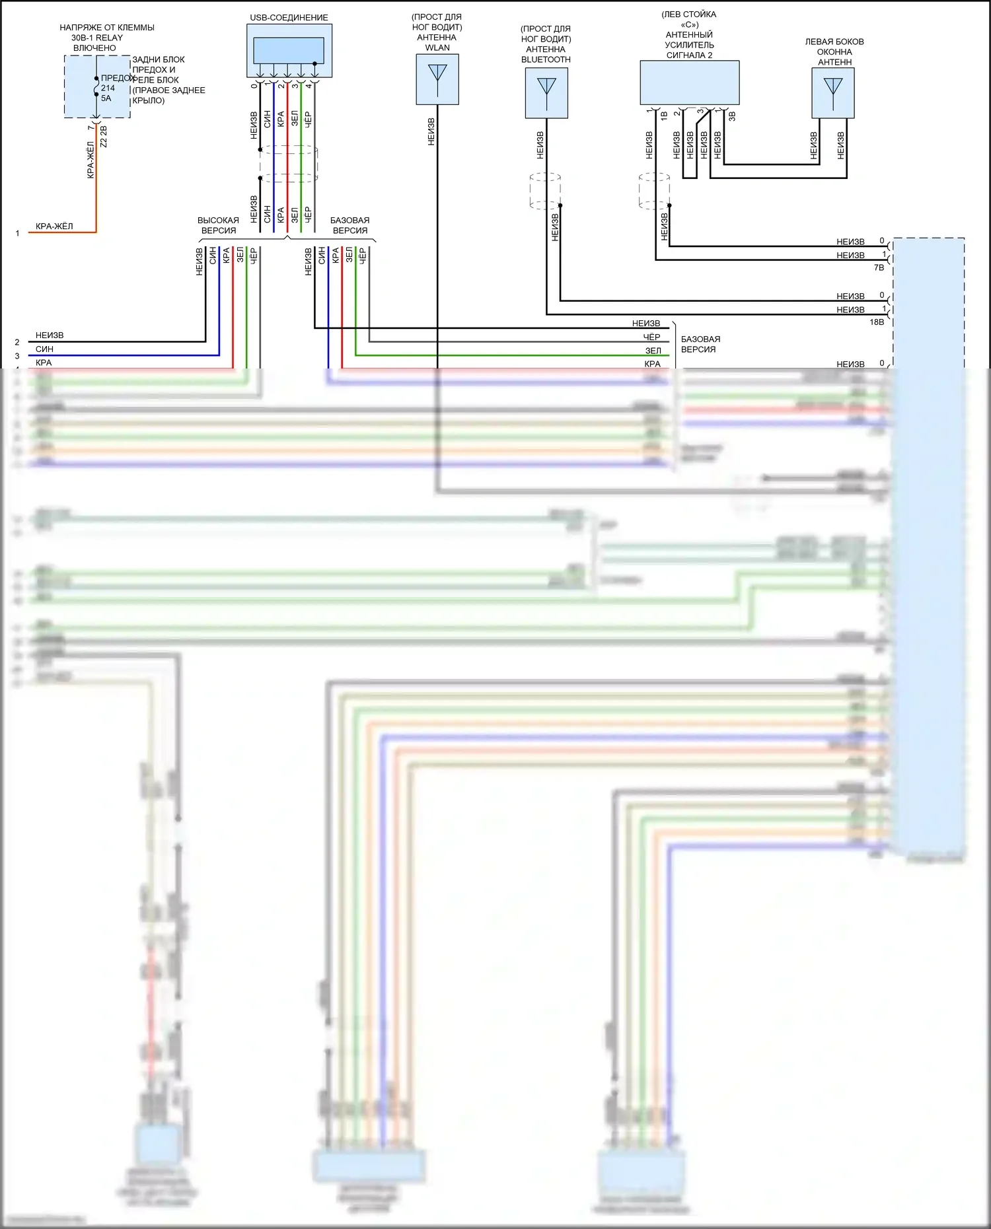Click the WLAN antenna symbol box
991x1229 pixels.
point(437,79)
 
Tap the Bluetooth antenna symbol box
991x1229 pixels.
point(546,93)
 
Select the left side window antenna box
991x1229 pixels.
point(832,93)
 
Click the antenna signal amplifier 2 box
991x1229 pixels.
point(689,83)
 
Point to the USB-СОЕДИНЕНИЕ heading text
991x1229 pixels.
point(289,18)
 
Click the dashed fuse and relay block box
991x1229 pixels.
point(97,87)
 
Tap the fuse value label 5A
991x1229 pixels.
point(106,98)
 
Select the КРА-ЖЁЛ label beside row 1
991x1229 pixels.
point(54,227)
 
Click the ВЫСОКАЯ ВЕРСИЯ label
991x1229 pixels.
point(218,225)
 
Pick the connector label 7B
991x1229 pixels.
point(879,268)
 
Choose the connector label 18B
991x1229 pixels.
point(877,322)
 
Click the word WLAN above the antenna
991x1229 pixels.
point(437,48)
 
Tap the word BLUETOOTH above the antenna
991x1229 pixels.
point(546,59)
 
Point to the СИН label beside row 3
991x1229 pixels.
point(44,349)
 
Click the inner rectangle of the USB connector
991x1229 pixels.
point(289,50)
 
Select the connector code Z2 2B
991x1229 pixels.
point(104,137)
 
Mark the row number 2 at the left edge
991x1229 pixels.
point(17,342)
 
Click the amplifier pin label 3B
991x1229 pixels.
point(732,116)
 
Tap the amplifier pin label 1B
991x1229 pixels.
point(664,116)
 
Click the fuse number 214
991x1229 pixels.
point(108,88)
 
